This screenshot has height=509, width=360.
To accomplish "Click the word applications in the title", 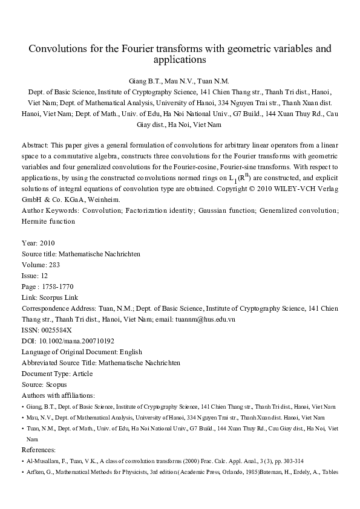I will pos(180,60).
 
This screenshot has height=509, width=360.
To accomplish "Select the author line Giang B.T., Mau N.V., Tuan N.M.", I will pos(179,80).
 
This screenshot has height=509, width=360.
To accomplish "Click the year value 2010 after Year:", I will pos(47,243).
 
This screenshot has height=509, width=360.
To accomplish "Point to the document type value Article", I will pos(81,373).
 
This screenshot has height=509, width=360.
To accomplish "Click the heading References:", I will pos(39,450).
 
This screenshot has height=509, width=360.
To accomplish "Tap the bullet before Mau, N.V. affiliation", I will pos(23,418).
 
